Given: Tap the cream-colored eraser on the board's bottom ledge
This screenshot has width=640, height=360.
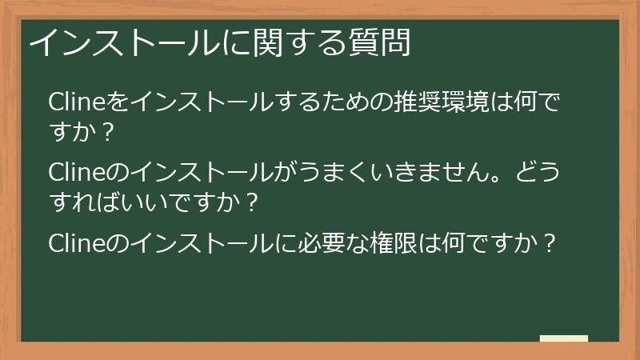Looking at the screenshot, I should tap(564, 338).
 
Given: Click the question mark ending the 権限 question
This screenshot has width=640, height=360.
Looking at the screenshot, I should tap(547, 242).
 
